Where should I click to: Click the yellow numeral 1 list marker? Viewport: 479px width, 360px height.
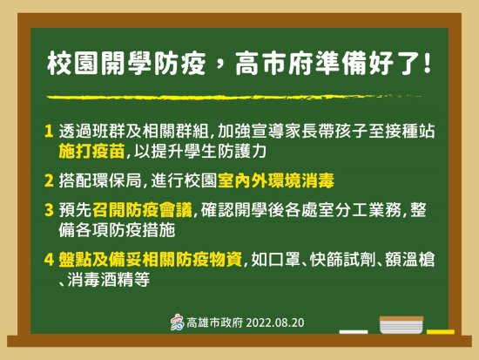(x=49, y=132)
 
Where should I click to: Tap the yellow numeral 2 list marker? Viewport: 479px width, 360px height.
(x=49, y=180)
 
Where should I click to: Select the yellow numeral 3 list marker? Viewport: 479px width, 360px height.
(x=49, y=210)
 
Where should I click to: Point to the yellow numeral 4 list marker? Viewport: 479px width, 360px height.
(x=49, y=260)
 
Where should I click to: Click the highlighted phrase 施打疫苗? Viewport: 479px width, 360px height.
(x=91, y=151)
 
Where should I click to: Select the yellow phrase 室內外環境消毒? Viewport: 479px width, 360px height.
(x=276, y=180)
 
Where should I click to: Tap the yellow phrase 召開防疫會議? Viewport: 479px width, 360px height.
(x=142, y=210)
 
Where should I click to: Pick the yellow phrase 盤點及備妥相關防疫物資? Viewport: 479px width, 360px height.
(x=151, y=260)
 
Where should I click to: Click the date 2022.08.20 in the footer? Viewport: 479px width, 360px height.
(x=275, y=323)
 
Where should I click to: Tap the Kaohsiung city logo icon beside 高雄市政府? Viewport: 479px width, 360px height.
(x=178, y=323)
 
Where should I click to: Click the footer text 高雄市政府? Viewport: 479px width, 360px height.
(x=215, y=323)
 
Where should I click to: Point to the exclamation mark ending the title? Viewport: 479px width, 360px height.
(x=428, y=64)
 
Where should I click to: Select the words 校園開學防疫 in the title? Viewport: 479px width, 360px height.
(x=126, y=64)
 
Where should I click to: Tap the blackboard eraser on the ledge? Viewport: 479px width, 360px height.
(x=401, y=325)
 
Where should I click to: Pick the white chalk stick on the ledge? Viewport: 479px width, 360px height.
(x=354, y=332)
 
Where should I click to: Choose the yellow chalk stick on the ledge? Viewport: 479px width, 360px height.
(x=441, y=332)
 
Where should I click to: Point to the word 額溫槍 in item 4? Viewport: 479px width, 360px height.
(x=409, y=260)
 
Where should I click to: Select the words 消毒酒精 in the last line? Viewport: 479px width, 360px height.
(x=109, y=280)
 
